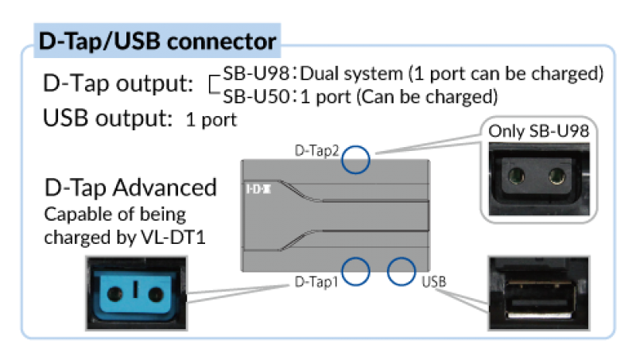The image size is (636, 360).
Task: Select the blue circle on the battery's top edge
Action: (355, 159)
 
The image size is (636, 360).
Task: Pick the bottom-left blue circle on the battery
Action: (355, 271)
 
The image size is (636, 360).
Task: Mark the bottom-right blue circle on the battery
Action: (401, 271)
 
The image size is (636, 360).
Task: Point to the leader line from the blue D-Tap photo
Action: (238, 290)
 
